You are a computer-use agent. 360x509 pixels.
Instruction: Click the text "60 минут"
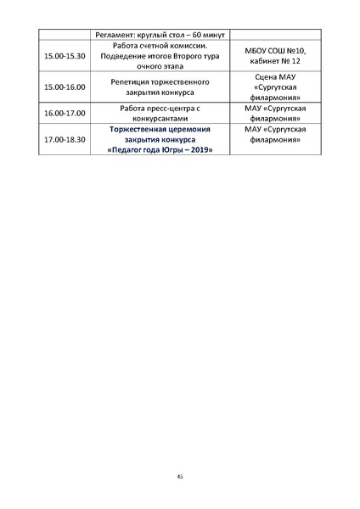pos(204,34)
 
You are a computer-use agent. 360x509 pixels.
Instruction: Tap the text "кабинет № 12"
pos(275,61)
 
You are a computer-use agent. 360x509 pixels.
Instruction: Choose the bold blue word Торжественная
pos(139,129)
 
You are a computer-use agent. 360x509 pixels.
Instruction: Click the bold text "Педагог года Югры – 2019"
pos(161,149)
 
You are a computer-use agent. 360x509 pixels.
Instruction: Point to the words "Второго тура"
pos(195,55)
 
